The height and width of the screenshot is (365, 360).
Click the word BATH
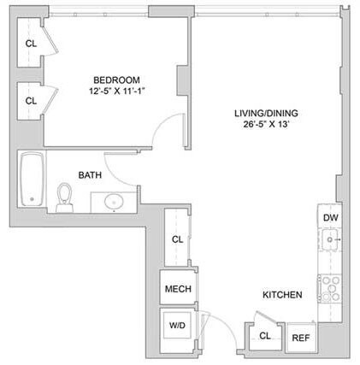point(91,175)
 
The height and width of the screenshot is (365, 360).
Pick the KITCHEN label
point(281,295)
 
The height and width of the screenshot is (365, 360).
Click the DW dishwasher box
point(329,218)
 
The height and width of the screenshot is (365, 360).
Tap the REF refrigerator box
point(300,338)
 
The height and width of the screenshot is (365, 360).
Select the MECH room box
point(178,289)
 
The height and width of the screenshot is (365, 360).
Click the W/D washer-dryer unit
point(178,326)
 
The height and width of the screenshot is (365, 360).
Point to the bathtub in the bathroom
point(32,180)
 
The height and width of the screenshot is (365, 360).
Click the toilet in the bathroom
point(64,198)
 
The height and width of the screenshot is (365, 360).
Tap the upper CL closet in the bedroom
point(31,44)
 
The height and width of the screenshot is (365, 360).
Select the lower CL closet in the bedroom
point(31,100)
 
